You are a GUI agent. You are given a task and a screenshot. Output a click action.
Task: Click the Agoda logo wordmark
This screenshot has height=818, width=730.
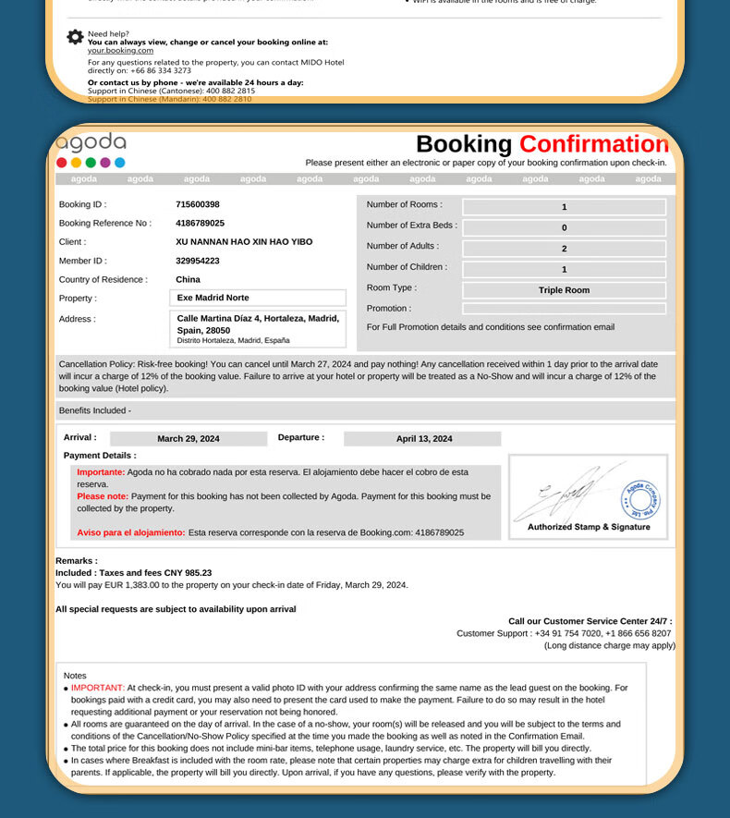pyautogui.click(x=91, y=142)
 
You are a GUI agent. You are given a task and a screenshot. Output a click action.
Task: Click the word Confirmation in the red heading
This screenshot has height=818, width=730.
pyautogui.click(x=593, y=144)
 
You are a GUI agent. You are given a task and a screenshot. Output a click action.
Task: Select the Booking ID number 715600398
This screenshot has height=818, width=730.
pyautogui.click(x=198, y=204)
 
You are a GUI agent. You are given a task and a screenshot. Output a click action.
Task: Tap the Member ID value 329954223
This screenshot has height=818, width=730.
pyautogui.click(x=198, y=261)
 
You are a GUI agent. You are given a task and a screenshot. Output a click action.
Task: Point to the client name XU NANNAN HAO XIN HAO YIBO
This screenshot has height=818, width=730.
pyautogui.click(x=244, y=241)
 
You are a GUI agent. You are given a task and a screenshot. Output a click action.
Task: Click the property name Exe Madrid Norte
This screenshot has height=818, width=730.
pyautogui.click(x=213, y=298)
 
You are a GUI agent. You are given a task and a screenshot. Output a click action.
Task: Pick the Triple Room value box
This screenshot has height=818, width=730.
pyautogui.click(x=564, y=290)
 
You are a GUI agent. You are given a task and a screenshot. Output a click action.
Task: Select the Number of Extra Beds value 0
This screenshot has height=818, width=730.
pyautogui.click(x=564, y=227)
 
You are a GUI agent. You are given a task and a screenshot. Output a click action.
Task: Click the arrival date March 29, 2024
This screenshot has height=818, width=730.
pyautogui.click(x=189, y=439)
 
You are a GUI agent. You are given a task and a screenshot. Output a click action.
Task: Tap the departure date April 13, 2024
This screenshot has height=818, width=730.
pyautogui.click(x=424, y=439)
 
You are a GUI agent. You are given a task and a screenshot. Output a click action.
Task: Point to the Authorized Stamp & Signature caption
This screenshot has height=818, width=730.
pyautogui.click(x=589, y=527)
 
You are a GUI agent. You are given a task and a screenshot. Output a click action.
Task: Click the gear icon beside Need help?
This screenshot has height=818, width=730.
pyautogui.click(x=75, y=37)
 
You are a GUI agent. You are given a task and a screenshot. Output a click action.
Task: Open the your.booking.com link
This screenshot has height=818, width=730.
pyautogui.click(x=120, y=51)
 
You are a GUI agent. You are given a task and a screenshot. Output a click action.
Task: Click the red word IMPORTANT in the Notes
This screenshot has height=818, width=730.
pyautogui.click(x=97, y=688)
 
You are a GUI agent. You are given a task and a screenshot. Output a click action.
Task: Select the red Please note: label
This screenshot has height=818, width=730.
pyautogui.click(x=103, y=496)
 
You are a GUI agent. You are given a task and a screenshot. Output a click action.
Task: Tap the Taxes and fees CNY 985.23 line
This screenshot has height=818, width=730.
pyautogui.click(x=133, y=573)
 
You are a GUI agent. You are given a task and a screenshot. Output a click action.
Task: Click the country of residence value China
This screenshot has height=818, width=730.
pyautogui.click(x=188, y=279)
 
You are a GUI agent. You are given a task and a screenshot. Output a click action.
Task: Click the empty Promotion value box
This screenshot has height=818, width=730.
pyautogui.click(x=564, y=309)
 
